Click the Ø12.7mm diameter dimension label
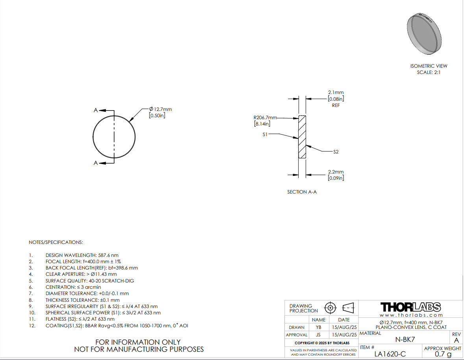(160, 112)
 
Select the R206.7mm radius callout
(265, 121)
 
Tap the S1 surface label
(265, 134)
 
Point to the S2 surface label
(336, 152)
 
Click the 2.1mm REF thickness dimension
(336, 99)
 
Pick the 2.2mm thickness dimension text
(336, 175)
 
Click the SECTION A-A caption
(302, 192)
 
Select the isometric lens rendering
(424, 34)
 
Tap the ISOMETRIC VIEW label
(429, 66)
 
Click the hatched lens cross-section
(302, 137)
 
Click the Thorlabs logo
(411, 307)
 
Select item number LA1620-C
(390, 354)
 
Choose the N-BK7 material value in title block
(405, 340)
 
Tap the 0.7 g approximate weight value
(443, 354)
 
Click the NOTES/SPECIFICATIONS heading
(56, 242)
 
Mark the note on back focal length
(92, 268)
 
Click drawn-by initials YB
(318, 327)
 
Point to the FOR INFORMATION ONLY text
(138, 342)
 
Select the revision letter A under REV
(456, 340)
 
